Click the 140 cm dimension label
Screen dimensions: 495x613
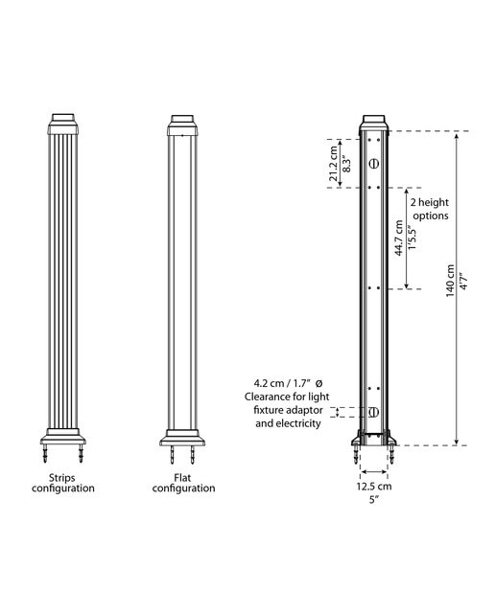coord(450,281)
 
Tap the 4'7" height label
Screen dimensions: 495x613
coord(463,281)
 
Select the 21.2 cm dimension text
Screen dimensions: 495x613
coord(333,164)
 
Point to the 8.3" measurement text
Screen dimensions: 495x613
coord(345,164)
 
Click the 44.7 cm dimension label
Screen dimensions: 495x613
coord(399,238)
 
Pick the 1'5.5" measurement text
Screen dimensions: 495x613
coord(412,238)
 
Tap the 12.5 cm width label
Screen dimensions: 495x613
coord(374,487)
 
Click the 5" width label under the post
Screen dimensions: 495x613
coord(374,499)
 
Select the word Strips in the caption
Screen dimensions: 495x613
coord(61,478)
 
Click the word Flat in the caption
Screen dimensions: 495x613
coord(182,478)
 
